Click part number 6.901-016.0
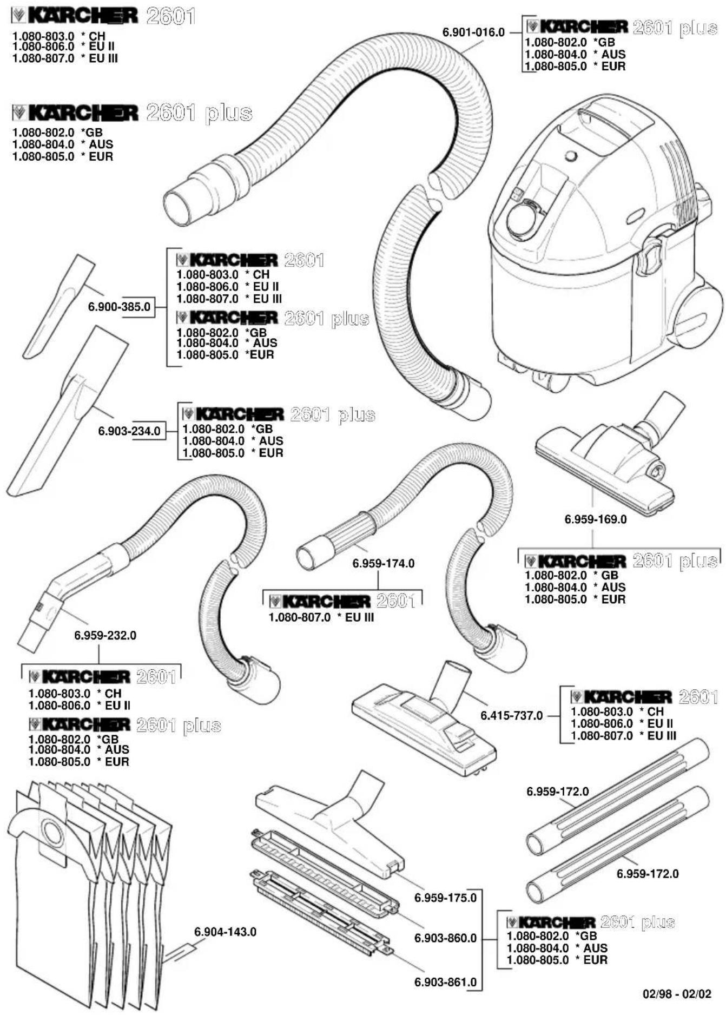click(473, 32)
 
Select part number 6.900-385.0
click(119, 307)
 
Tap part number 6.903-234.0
click(129, 431)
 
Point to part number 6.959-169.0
click(595, 519)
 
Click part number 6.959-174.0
click(383, 564)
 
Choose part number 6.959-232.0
click(105, 635)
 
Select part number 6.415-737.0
click(511, 716)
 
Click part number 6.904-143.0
click(225, 932)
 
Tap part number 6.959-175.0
click(445, 898)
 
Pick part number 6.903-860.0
click(445, 938)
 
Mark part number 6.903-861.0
click(445, 982)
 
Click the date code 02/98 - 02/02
click(677, 994)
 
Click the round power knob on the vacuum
click(521, 219)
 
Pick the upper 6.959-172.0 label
click(557, 792)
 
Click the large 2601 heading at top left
click(170, 16)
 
